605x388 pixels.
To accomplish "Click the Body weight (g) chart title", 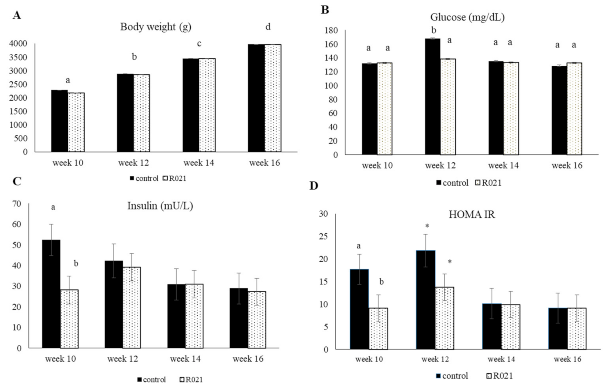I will (155, 27).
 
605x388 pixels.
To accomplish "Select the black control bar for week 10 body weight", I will (60, 121).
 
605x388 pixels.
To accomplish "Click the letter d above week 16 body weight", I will (268, 27).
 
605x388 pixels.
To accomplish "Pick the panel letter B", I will (325, 10).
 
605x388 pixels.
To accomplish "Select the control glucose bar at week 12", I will (432, 97).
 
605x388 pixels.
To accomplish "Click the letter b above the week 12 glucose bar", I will (433, 30).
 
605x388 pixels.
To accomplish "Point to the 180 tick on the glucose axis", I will (331, 31).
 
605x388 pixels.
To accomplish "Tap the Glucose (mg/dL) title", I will (467, 17).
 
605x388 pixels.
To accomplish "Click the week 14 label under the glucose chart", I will (503, 166).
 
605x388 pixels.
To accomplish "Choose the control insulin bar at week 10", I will (51, 293).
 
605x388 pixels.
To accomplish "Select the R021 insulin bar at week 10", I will (69, 319).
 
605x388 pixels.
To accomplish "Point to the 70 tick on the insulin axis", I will (17, 204).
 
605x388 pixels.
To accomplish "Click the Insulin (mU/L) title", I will (160, 206).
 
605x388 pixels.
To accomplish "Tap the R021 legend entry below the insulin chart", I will (191, 380).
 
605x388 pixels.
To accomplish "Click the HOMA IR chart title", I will (471, 215).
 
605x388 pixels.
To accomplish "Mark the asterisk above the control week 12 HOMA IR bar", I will (427, 226).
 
